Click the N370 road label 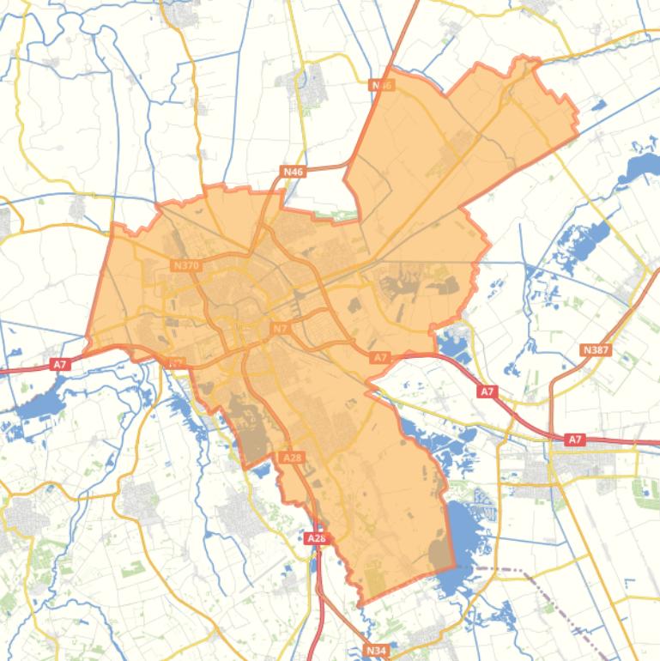point(185,266)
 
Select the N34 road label point(376,652)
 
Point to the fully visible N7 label point(281,329)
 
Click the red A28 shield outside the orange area point(316,538)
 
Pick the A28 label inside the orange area point(292,458)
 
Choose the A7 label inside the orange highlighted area point(381,357)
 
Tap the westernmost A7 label point(60,365)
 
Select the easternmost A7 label point(575,440)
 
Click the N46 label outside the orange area point(294,172)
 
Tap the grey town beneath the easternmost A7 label point(584,468)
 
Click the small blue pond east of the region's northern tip point(596,106)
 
